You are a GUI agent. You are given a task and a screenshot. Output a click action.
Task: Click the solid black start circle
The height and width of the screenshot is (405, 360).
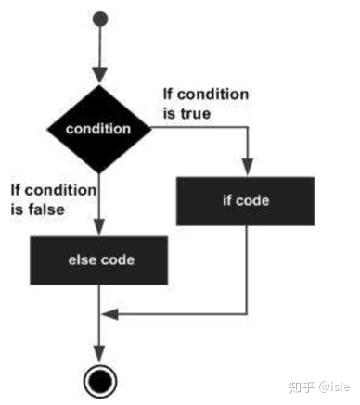point(99,19)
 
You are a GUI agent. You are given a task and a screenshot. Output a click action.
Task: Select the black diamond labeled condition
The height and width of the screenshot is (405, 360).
point(99,129)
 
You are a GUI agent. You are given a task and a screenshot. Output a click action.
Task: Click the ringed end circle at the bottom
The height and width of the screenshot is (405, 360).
point(99,377)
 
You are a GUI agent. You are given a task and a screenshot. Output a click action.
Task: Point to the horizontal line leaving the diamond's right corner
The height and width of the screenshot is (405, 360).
point(199,129)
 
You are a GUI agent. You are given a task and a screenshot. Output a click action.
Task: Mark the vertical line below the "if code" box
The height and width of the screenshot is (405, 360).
point(247,269)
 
